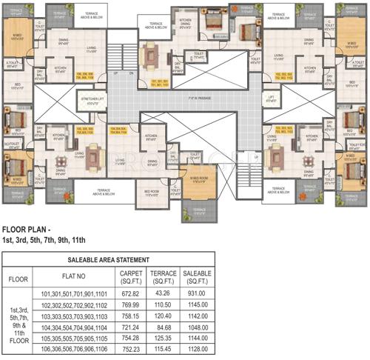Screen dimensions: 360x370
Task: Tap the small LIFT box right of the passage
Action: (271, 98)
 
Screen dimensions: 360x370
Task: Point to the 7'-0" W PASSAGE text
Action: (199, 97)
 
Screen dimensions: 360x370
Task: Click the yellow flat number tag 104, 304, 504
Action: (119, 130)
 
